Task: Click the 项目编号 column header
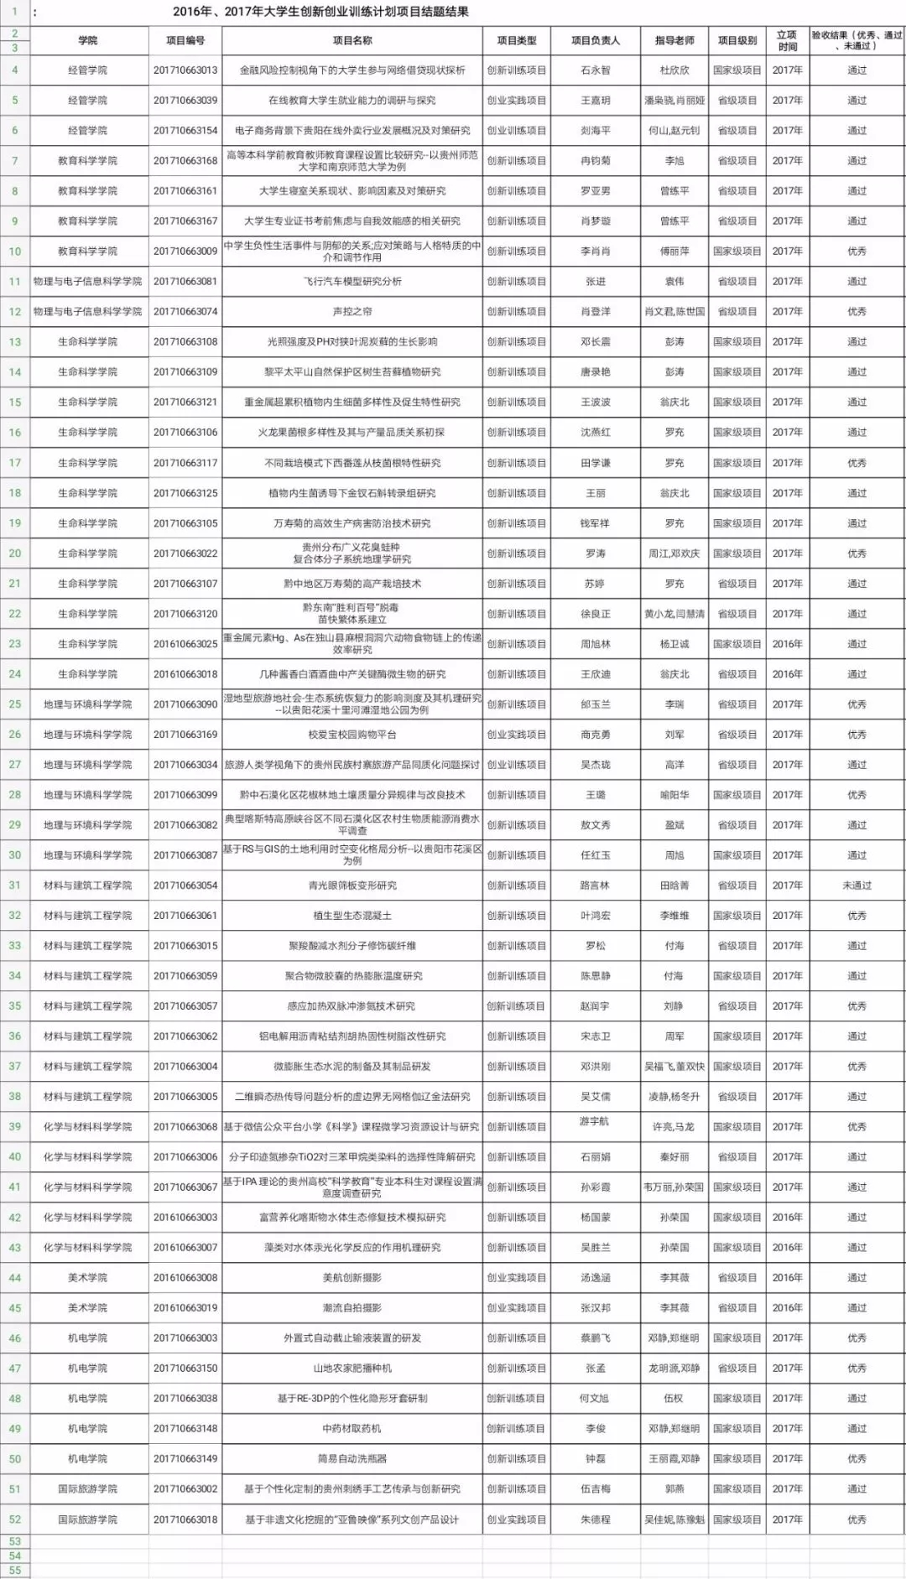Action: (x=185, y=40)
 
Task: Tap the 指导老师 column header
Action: (x=674, y=40)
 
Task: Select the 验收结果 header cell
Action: (x=857, y=40)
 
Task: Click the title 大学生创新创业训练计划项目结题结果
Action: (x=320, y=12)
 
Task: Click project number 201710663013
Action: (x=185, y=70)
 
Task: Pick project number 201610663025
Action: (x=185, y=644)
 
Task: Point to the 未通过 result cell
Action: (x=857, y=886)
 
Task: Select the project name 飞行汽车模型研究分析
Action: (x=352, y=282)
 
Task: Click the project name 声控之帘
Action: (x=352, y=312)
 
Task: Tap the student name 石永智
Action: (x=596, y=70)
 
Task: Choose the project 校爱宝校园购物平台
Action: (x=352, y=735)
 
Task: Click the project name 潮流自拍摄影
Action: (x=352, y=1308)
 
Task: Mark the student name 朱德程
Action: (x=596, y=1519)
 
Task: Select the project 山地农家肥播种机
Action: (x=352, y=1369)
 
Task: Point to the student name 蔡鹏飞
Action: (x=596, y=1338)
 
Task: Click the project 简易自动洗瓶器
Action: (x=352, y=1459)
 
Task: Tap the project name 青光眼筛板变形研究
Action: (x=352, y=886)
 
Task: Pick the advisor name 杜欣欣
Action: (x=674, y=70)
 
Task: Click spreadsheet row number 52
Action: (x=15, y=1519)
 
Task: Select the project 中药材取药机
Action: (x=352, y=1429)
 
